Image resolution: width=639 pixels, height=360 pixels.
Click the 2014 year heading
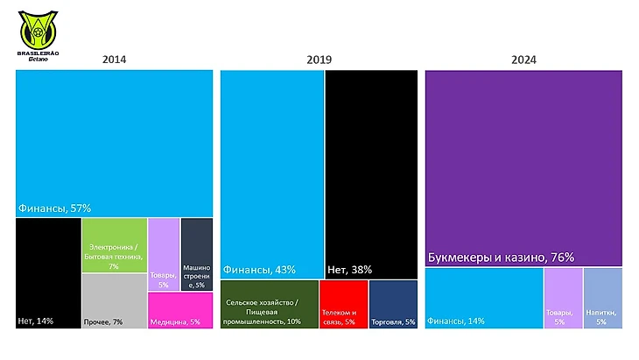click(x=114, y=60)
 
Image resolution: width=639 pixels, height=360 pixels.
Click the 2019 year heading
click(x=318, y=60)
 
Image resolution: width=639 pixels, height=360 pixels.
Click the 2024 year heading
click(x=524, y=60)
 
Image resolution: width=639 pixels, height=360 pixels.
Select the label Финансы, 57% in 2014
click(x=54, y=208)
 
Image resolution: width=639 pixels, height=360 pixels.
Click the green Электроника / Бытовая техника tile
click(x=114, y=245)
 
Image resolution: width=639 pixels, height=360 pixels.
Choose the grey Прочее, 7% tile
click(x=114, y=301)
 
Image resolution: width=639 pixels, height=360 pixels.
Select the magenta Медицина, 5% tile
click(x=180, y=310)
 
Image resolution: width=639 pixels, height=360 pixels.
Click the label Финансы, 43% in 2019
click(x=259, y=269)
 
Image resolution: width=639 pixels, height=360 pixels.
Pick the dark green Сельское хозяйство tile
click(x=269, y=305)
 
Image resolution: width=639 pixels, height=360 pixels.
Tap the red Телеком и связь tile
click(x=343, y=305)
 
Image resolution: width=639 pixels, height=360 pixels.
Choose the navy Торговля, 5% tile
click(x=393, y=305)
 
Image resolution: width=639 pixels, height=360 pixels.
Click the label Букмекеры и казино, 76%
click(x=501, y=258)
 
